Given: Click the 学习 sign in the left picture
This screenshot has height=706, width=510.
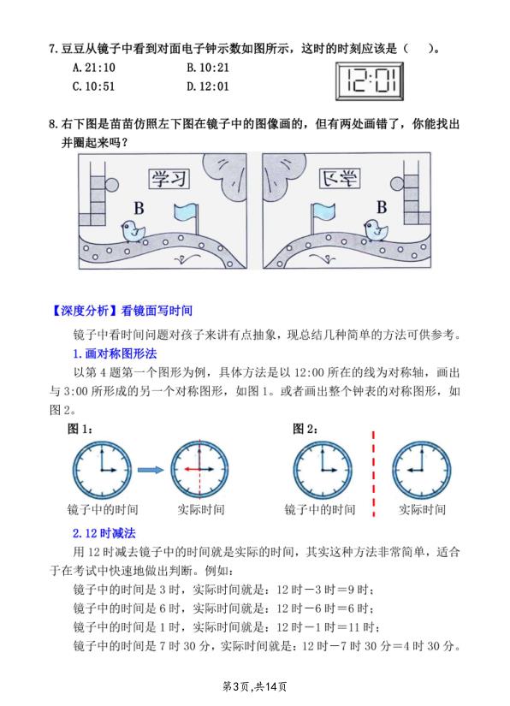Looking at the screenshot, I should click(168, 177).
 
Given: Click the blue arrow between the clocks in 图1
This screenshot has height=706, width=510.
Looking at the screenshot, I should click(150, 470).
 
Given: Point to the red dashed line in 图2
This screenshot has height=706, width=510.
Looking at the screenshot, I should click(373, 470).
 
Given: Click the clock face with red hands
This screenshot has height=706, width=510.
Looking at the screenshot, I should click(200, 470).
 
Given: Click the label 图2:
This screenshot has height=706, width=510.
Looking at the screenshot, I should click(305, 430).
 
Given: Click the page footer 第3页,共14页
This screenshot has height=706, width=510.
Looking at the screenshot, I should click(254, 685).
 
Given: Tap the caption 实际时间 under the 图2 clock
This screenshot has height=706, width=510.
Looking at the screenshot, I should click(423, 509).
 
